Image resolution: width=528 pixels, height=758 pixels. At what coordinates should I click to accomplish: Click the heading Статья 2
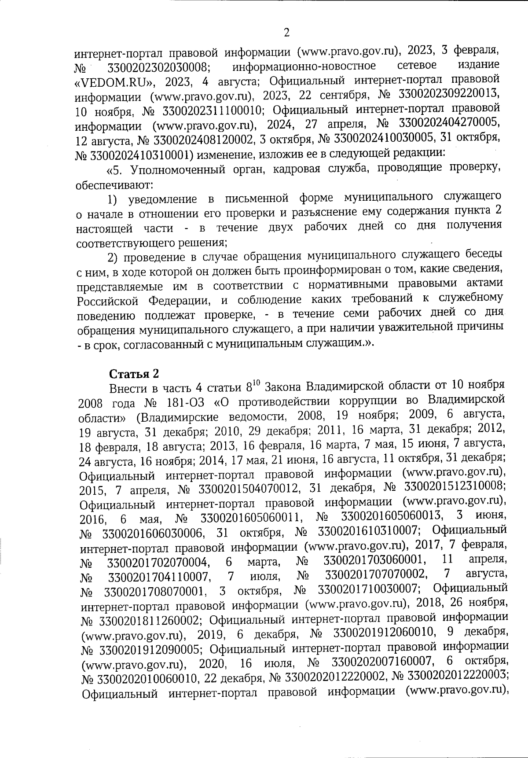coord(134,374)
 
